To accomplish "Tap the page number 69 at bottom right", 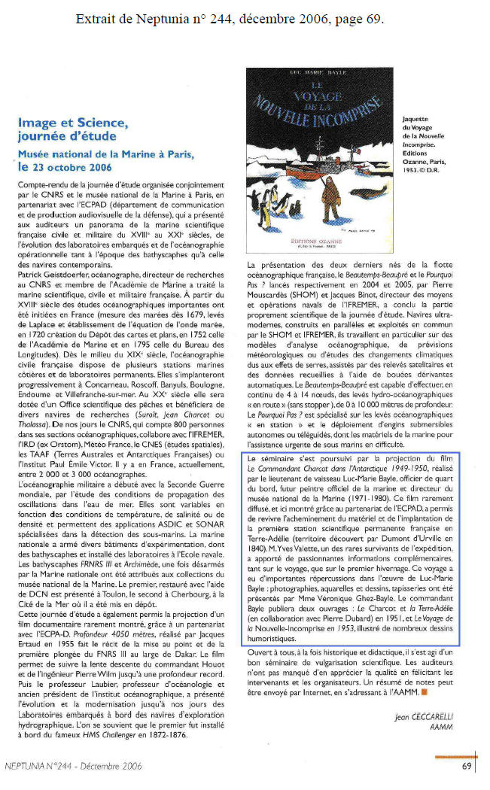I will coord(467,768).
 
